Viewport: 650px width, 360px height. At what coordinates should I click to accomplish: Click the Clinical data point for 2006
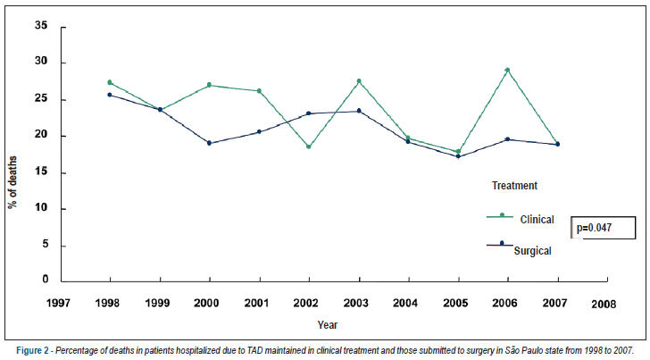(x=507, y=70)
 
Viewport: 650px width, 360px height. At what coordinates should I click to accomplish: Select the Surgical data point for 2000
(x=209, y=143)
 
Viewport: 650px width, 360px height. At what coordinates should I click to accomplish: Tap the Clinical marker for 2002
(x=309, y=147)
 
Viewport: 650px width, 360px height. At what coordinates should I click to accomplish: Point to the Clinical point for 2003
(x=359, y=81)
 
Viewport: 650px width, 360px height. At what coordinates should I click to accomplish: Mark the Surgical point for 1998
(x=110, y=95)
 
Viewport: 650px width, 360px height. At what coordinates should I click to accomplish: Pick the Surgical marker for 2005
(x=458, y=156)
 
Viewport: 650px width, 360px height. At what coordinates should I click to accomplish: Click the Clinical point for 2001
(x=259, y=91)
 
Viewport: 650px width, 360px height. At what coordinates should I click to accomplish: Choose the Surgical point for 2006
(x=507, y=139)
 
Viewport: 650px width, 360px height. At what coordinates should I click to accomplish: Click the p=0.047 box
(x=604, y=228)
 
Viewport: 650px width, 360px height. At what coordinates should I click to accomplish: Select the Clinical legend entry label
(x=537, y=220)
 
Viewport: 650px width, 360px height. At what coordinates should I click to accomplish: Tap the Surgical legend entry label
(x=533, y=251)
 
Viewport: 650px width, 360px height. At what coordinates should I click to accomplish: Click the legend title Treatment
(x=514, y=186)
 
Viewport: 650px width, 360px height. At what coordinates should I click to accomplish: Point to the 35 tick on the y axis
(x=41, y=25)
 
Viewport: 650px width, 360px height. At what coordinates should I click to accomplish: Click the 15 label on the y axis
(x=41, y=172)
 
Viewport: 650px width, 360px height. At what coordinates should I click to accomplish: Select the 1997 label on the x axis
(x=58, y=303)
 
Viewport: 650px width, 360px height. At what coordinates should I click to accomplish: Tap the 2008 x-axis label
(x=604, y=305)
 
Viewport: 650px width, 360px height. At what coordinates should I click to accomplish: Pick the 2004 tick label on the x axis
(x=405, y=303)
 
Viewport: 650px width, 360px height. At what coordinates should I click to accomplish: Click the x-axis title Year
(x=328, y=325)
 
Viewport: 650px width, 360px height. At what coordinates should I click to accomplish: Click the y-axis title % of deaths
(x=12, y=182)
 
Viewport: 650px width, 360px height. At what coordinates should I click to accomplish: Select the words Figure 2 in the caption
(x=32, y=351)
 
